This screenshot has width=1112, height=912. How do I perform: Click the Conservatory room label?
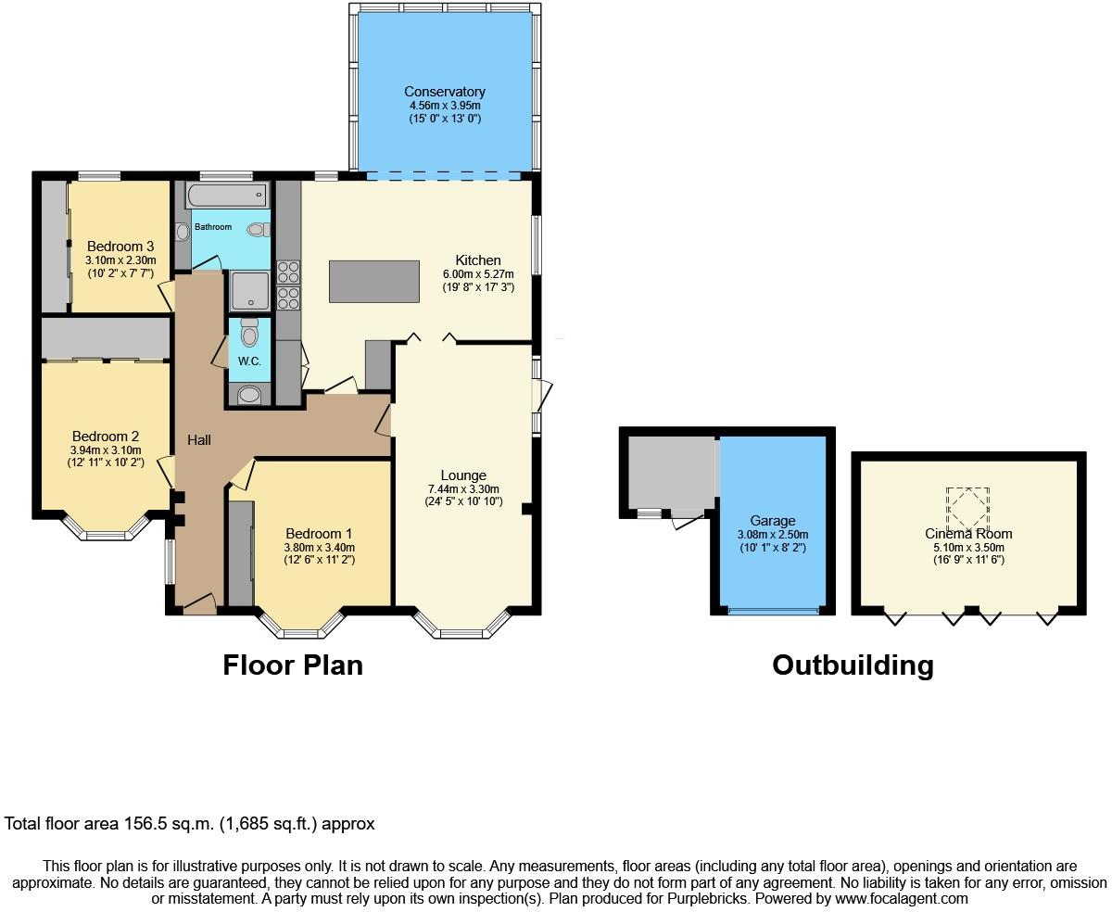pos(445,91)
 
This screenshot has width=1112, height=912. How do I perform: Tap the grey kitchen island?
pos(374,281)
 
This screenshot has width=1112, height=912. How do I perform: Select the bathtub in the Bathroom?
pos(227,195)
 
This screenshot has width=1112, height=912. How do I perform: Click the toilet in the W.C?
pos(249,331)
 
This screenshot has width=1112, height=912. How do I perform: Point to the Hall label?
pos(199,440)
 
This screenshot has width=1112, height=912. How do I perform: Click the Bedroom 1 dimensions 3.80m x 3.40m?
pos(319,548)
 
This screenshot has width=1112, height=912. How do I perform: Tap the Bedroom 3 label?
pos(120,247)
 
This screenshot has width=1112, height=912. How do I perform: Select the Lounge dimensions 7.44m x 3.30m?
pos(463,489)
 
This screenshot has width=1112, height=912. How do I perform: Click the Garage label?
pos(773,521)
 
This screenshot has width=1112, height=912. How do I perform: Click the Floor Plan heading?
pos(293,665)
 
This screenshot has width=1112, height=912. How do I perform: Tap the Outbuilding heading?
pos(853,665)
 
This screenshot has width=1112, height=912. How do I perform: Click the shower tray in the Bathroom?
pos(250,290)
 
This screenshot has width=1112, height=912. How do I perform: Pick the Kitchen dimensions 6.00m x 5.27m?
pos(478,274)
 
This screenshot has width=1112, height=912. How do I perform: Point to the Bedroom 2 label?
pos(106,437)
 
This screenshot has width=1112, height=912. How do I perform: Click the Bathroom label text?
pos(213,227)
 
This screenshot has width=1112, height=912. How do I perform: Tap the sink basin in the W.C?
pos(249,395)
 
